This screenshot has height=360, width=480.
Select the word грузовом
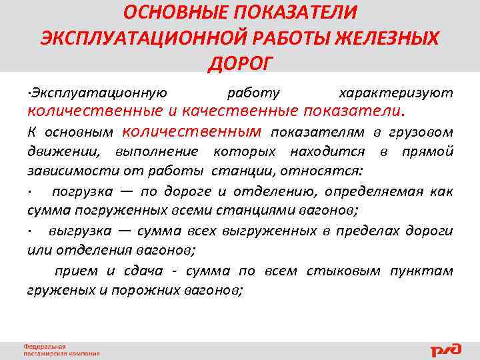point(421,132)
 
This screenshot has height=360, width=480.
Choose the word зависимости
point(61,171)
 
